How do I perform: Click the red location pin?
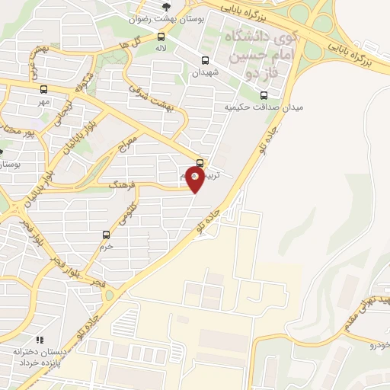point(196,178)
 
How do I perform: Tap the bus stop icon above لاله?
point(161,37)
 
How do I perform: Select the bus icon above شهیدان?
point(204,61)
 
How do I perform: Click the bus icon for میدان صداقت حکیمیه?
point(264,95)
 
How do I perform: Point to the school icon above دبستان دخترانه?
point(39,340)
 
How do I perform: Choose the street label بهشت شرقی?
point(161,98)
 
